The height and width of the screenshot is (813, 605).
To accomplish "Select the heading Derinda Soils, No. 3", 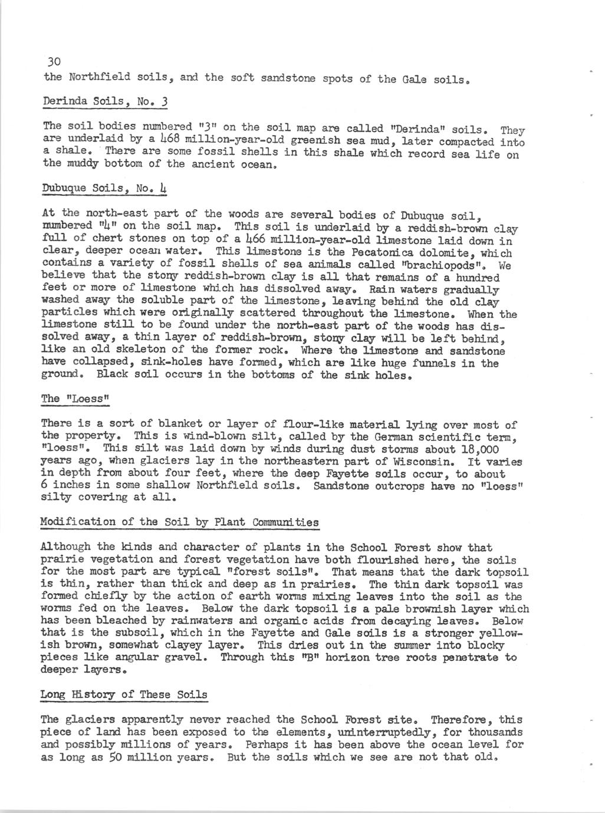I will (x=106, y=102).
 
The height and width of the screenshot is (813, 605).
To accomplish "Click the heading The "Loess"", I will (x=76, y=399).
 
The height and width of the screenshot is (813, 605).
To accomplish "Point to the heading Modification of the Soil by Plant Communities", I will (x=180, y=522).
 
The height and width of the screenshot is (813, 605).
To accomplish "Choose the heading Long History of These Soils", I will (x=124, y=694).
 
